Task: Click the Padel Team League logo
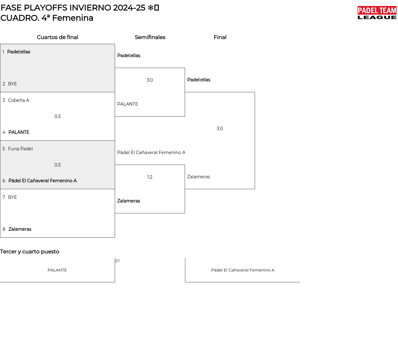click(377, 13)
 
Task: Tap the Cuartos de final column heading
click(58, 37)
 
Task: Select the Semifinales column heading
click(150, 37)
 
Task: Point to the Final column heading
click(220, 37)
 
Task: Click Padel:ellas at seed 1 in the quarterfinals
click(19, 52)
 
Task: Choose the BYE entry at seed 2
click(12, 84)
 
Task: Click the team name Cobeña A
click(19, 100)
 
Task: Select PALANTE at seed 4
click(19, 132)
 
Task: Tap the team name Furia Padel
click(21, 149)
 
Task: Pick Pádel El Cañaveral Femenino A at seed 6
click(43, 181)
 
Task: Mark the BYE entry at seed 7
click(12, 197)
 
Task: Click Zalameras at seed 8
click(20, 229)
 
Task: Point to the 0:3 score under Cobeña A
click(58, 116)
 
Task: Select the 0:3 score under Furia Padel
click(58, 165)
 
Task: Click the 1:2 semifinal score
click(150, 177)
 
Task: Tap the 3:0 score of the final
click(220, 129)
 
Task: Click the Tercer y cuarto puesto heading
click(30, 252)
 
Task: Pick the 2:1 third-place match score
click(117, 261)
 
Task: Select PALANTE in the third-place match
click(57, 270)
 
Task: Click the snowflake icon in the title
click(150, 8)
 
